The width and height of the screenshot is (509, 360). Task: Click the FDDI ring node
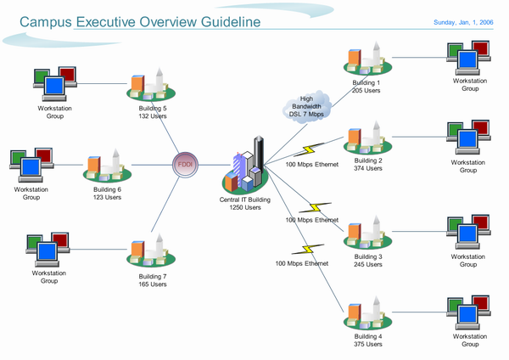[x=185, y=165]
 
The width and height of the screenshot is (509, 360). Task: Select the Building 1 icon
[x=367, y=59]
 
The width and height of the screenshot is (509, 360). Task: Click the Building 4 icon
[x=367, y=312]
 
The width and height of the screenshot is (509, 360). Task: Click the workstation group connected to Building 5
[x=53, y=82]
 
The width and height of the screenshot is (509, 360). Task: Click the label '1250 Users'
[x=245, y=207]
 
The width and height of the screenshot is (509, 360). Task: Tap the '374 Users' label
[x=368, y=168]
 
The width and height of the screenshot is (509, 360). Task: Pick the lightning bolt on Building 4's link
[x=303, y=250]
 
